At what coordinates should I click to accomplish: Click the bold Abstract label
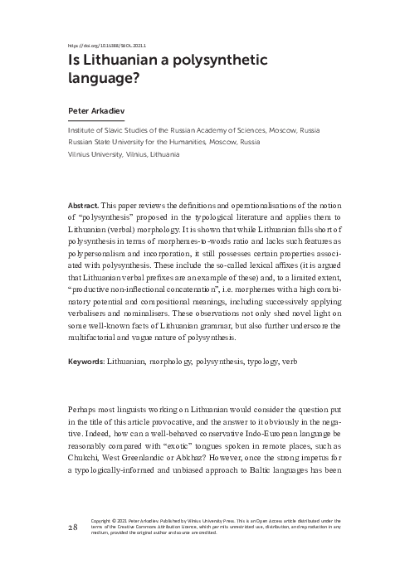[81, 204]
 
